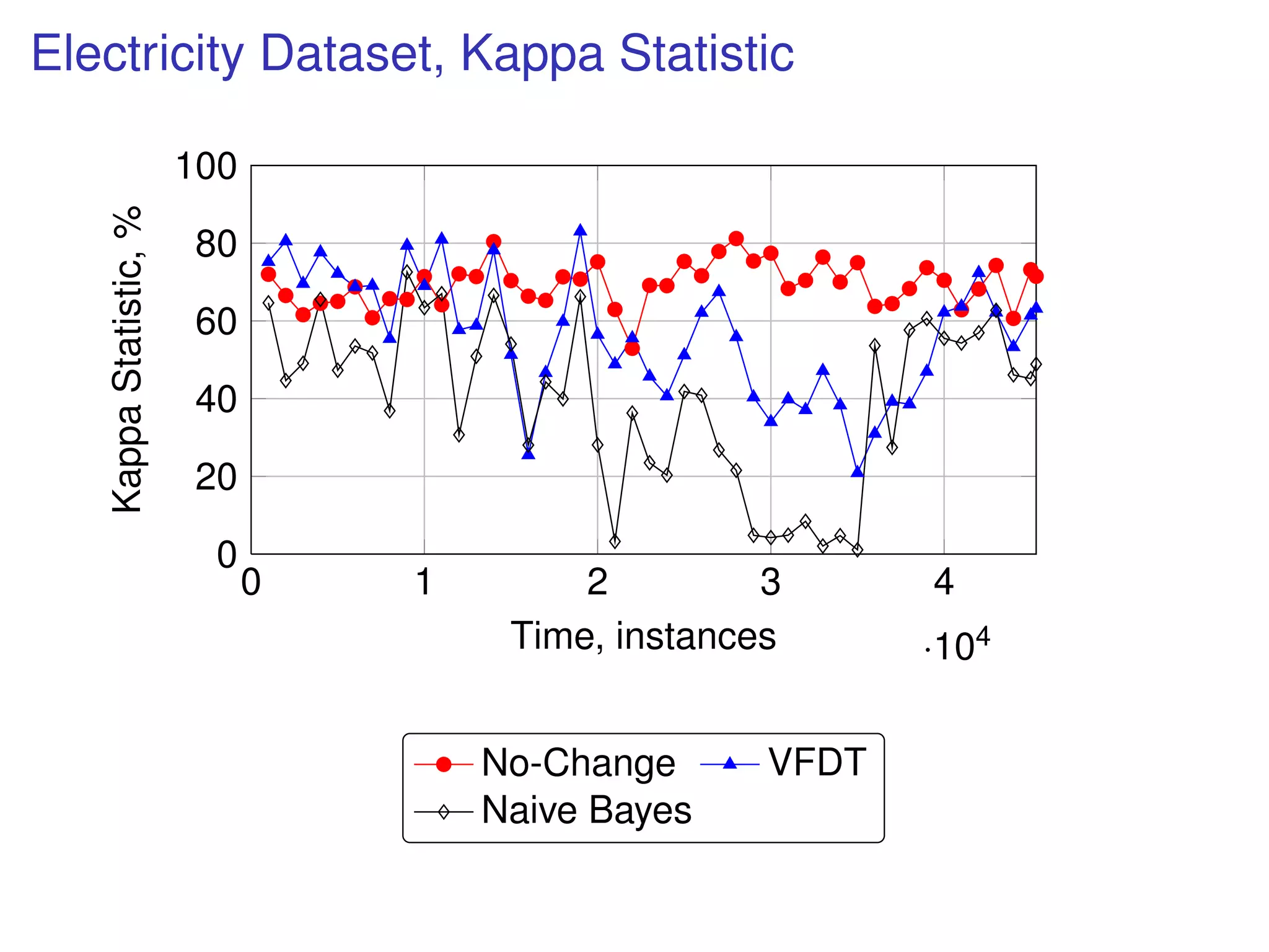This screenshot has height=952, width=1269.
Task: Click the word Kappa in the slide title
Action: pos(532,54)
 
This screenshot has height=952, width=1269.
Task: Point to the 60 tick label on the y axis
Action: pos(216,322)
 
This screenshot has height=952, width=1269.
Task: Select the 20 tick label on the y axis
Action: pos(216,477)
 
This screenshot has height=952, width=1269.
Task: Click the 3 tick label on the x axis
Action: pos(770,582)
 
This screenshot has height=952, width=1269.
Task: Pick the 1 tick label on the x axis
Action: pos(424,582)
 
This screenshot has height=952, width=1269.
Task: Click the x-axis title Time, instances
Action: pos(643,636)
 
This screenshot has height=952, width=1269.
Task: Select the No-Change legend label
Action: pos(577,762)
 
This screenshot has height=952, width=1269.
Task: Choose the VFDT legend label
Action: pos(817,762)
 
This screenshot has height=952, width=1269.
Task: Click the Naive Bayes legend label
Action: pos(586,810)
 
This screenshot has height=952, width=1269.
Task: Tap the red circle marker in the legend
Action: pos(444,764)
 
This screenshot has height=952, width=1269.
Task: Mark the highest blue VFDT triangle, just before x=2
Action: pos(580,231)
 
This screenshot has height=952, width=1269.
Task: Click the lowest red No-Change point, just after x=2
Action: pos(632,348)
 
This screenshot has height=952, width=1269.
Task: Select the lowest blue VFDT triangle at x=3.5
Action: pos(858,472)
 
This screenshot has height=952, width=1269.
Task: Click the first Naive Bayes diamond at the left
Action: pos(268,303)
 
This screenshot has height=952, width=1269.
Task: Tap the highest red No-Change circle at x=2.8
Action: pos(736,239)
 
